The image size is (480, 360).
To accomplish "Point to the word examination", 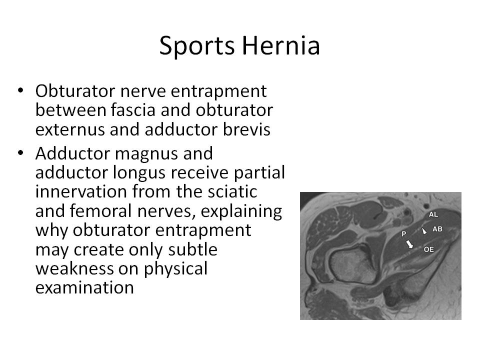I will [84, 287].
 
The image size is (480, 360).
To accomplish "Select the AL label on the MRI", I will [433, 214].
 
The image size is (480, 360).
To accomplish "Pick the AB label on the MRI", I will [437, 229].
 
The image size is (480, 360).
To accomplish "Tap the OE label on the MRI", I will [428, 248].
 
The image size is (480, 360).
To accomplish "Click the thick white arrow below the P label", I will [409, 244].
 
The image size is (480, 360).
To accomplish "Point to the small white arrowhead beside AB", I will [424, 231].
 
